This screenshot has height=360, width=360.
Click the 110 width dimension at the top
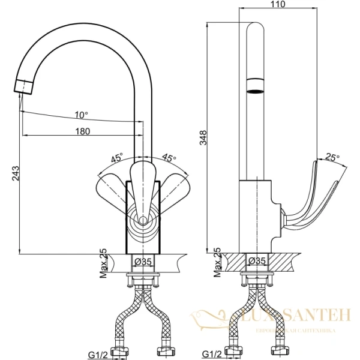click(x=278, y=4)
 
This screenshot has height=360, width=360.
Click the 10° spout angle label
click(x=81, y=115)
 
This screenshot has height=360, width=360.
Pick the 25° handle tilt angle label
click(x=332, y=157)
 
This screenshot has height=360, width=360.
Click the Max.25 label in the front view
click(x=103, y=262)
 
